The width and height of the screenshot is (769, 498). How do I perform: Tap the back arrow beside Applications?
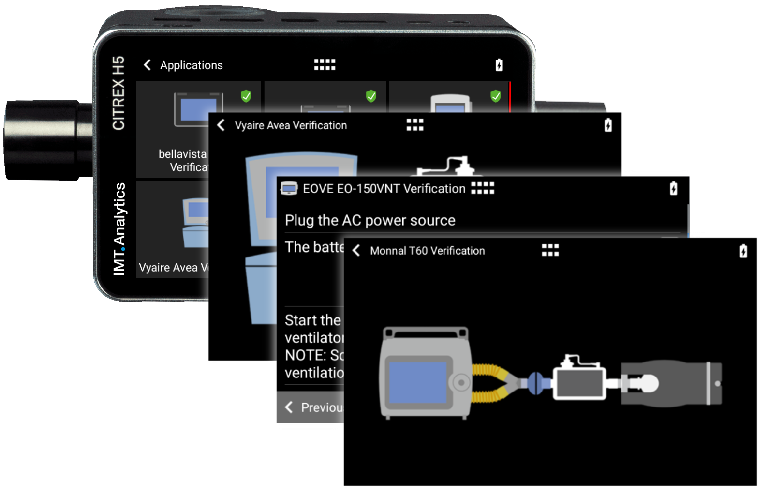tap(148, 65)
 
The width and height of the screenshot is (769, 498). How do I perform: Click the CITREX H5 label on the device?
tap(118, 93)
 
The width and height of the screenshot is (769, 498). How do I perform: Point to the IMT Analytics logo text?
tap(119, 229)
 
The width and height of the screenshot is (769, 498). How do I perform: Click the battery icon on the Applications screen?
tap(499, 65)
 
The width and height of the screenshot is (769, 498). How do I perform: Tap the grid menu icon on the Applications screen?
tap(325, 65)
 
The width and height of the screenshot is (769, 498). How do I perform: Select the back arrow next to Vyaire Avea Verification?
tap(221, 125)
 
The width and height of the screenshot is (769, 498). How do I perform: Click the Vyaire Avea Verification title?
tap(291, 125)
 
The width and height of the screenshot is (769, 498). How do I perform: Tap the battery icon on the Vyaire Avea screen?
tap(608, 125)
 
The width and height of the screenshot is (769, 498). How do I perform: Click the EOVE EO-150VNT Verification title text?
tap(384, 189)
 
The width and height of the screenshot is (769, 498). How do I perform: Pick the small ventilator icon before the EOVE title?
tap(289, 189)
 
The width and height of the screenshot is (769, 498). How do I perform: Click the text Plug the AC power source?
tap(370, 220)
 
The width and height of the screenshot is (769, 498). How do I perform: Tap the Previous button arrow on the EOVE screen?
tap(289, 407)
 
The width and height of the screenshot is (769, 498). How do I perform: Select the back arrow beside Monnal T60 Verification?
tap(356, 251)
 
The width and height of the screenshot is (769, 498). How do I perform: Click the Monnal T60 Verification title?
tap(427, 251)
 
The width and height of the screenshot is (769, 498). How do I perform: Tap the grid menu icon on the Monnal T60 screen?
tap(550, 250)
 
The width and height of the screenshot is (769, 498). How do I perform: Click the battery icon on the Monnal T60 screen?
tap(743, 251)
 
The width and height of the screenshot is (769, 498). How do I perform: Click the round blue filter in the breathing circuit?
tap(535, 382)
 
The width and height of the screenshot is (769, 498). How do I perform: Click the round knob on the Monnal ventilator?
tap(461, 383)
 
